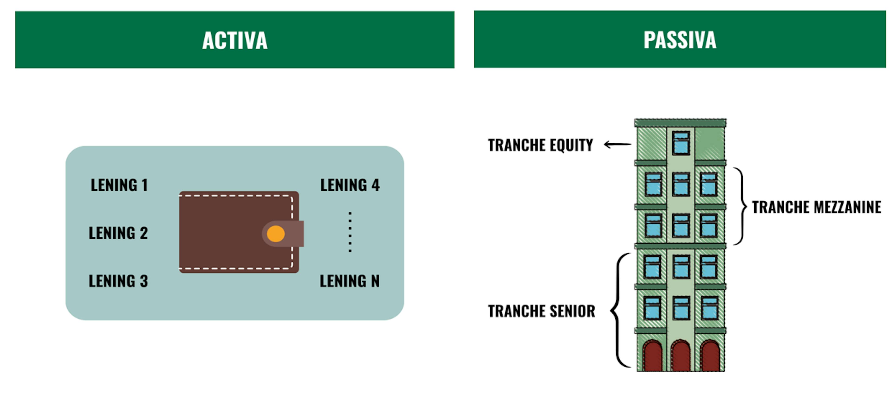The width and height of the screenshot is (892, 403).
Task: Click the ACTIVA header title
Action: [235, 40]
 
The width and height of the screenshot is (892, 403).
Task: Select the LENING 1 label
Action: [119, 185]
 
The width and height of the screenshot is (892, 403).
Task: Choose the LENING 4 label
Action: [350, 185]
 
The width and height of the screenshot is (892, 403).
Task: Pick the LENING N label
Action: [349, 281]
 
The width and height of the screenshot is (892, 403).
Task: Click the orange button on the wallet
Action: [276, 234]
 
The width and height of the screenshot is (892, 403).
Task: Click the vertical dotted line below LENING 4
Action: [350, 232]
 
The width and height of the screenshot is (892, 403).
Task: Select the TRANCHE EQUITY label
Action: [540, 145]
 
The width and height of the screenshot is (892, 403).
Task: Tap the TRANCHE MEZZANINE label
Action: [817, 207]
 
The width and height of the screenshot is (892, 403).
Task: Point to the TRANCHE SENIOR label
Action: [541, 311]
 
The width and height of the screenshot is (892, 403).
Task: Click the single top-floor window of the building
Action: [681, 142]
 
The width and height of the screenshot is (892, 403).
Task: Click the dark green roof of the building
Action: [680, 123]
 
